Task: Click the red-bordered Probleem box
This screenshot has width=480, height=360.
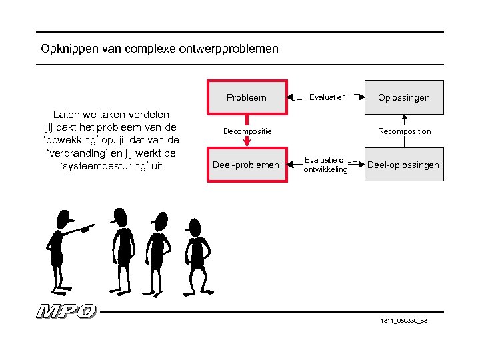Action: pyautogui.click(x=247, y=98)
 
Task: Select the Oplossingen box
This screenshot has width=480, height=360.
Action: pyautogui.click(x=404, y=98)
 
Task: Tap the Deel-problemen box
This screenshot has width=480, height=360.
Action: pyautogui.click(x=246, y=165)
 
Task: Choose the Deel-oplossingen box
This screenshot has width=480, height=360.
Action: pyautogui.click(x=404, y=165)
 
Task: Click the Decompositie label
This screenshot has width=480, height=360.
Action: pyautogui.click(x=247, y=131)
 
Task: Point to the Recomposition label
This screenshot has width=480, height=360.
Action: pyautogui.click(x=404, y=131)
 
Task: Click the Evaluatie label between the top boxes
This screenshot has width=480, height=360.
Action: pyautogui.click(x=326, y=97)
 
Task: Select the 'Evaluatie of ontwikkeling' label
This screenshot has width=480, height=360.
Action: pyautogui.click(x=325, y=165)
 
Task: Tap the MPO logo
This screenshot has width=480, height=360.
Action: pyautogui.click(x=67, y=311)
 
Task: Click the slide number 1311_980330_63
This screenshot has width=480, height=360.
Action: pyautogui.click(x=404, y=321)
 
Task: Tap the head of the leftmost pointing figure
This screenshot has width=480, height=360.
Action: pyautogui.click(x=63, y=217)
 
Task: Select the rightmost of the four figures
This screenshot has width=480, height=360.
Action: pyautogui.click(x=195, y=253)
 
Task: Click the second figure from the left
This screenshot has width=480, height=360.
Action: pyautogui.click(x=121, y=247)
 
